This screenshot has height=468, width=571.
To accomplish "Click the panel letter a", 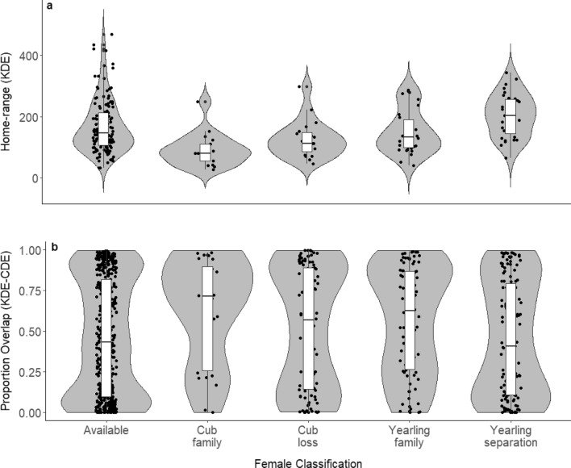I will coord(50,6).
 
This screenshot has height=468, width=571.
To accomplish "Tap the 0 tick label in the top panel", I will coord(35,178).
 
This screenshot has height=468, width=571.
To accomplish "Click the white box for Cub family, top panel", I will coord(206,152).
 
